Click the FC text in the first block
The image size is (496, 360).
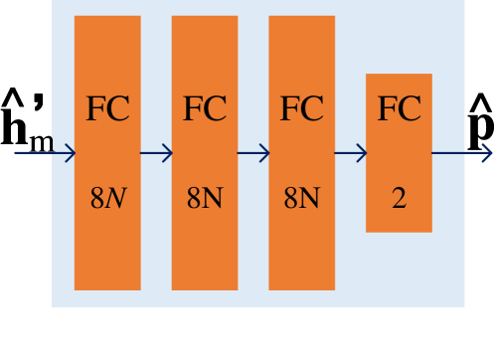point(107,109)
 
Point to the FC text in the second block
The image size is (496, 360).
point(204,109)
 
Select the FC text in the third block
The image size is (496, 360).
point(301,109)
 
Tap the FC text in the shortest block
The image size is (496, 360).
point(399,109)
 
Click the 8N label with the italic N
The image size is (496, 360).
point(107,199)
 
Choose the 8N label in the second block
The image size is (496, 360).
point(204,199)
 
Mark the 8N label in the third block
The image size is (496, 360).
point(301,199)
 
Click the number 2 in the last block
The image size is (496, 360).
point(399,199)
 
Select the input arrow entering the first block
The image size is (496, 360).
point(44,153)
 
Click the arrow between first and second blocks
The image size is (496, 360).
point(156,153)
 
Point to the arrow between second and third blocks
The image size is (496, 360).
point(253,153)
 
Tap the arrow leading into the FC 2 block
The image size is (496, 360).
point(350,153)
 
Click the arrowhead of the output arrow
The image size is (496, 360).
point(486,153)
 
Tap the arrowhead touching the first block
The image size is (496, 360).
point(70,153)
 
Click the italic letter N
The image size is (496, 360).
point(116,199)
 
